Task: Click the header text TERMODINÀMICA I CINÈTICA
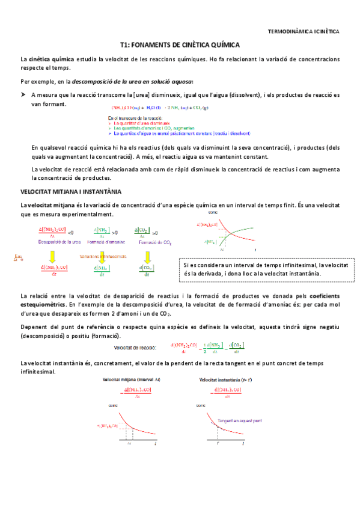(303, 30)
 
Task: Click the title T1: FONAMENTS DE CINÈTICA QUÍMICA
(180, 45)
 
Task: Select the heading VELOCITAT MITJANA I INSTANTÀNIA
(71, 191)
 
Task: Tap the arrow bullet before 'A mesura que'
(23, 95)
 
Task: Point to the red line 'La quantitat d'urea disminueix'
(139, 123)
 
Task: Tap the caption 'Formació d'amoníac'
(106, 242)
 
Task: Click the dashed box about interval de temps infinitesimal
(265, 269)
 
